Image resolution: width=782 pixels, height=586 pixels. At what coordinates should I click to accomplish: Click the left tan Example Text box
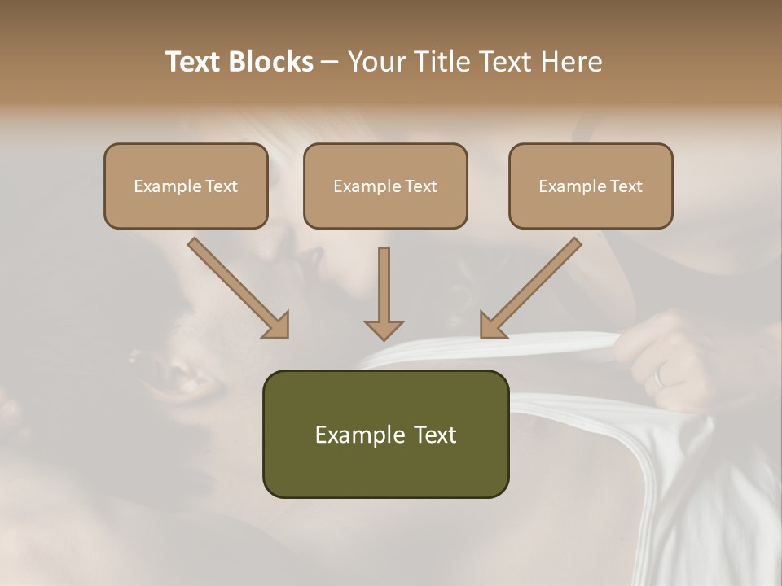click(x=186, y=186)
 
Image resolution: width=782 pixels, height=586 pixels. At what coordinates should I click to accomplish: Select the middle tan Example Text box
click(x=385, y=186)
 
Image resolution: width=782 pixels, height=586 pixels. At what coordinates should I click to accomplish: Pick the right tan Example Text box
click(x=591, y=186)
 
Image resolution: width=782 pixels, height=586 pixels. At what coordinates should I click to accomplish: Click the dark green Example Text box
click(x=385, y=434)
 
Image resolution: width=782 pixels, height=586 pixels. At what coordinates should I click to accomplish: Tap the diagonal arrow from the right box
click(x=530, y=287)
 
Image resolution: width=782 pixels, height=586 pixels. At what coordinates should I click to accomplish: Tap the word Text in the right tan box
click(x=626, y=186)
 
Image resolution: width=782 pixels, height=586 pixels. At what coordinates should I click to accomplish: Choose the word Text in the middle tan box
click(x=420, y=186)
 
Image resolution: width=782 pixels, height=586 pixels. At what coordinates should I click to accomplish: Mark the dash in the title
click(x=330, y=62)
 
